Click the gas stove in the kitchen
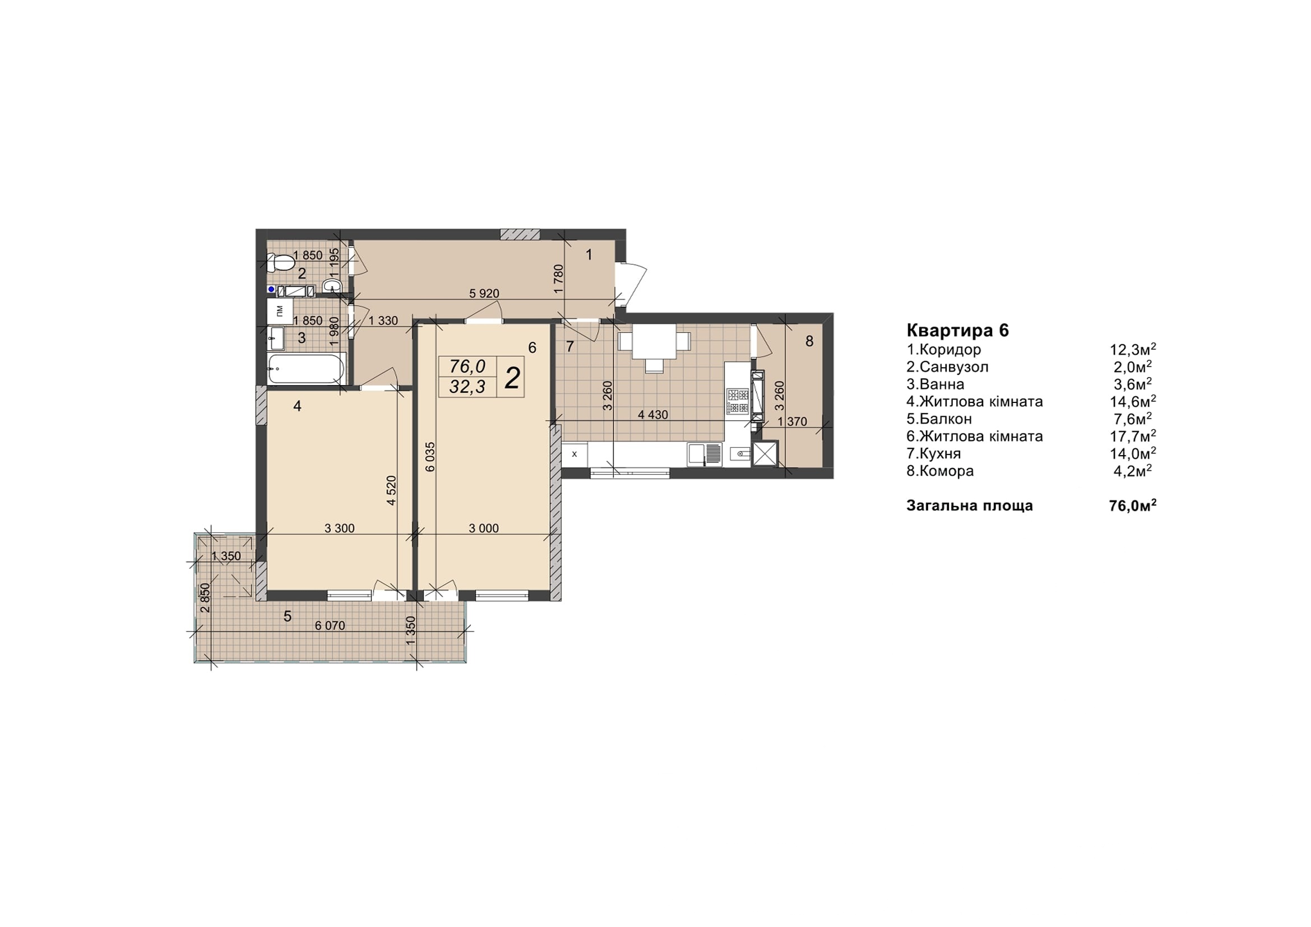736,401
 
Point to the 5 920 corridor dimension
484,293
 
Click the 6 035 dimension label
430,456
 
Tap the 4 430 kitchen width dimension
652,415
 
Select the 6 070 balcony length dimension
330,625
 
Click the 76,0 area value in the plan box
467,366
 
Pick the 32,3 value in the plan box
467,387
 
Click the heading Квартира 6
957,331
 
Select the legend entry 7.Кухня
934,454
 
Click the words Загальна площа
970,506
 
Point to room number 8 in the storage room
809,341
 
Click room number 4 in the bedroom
297,406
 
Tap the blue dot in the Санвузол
271,289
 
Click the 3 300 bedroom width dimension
339,529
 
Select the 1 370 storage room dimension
793,422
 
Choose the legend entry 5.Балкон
939,419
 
